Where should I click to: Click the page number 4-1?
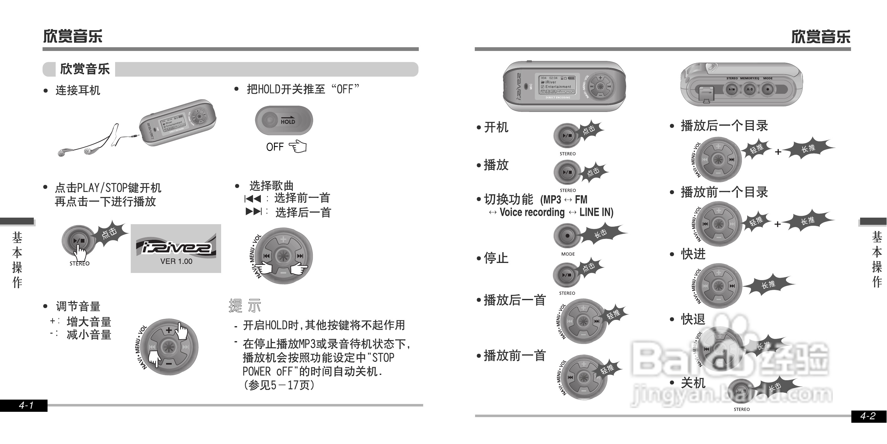click(x=26, y=405)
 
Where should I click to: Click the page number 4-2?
click(x=868, y=416)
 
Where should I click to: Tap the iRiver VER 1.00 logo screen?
click(x=175, y=249)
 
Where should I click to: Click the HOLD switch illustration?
click(x=284, y=120)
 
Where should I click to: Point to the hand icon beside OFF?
click(x=298, y=147)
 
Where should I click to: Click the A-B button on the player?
click(x=749, y=89)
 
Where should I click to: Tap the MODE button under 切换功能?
click(x=567, y=236)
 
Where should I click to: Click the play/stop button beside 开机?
click(x=566, y=136)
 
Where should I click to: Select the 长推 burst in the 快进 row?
click(x=768, y=284)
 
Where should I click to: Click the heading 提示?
click(x=245, y=305)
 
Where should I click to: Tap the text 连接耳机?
click(x=78, y=91)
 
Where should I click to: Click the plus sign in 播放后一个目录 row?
click(x=778, y=152)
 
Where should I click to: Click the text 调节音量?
click(x=78, y=306)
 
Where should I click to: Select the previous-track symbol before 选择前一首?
click(x=253, y=199)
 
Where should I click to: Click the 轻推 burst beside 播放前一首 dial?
click(x=607, y=369)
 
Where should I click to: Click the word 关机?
click(x=693, y=383)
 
